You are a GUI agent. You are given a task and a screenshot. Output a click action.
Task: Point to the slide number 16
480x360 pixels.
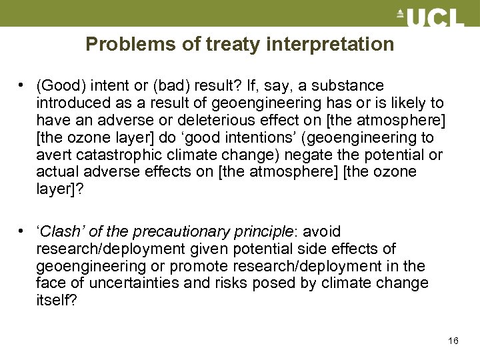pyautogui.click(x=453, y=341)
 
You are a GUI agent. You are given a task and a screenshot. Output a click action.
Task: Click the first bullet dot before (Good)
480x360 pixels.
pyautogui.click(x=23, y=86)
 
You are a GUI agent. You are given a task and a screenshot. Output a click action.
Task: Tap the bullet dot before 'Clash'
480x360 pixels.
pyautogui.click(x=23, y=232)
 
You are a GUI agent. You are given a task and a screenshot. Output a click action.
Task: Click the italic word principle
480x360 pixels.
pyautogui.click(x=265, y=232)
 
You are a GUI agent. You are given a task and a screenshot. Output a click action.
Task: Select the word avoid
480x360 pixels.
pyautogui.click(x=322, y=232)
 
